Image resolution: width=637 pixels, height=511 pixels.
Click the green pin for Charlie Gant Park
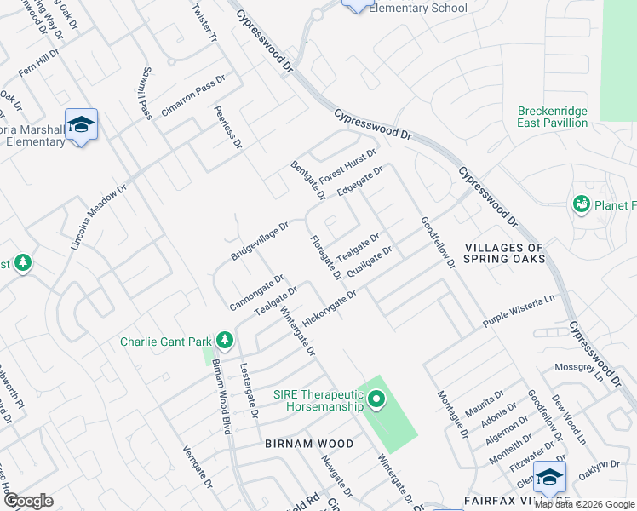point(225,341)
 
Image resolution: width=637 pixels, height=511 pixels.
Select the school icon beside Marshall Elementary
point(81,126)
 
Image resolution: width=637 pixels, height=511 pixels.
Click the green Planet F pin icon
point(582,204)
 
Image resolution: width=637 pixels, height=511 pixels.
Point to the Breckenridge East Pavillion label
point(553,117)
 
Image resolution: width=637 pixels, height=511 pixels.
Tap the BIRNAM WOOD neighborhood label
point(309,444)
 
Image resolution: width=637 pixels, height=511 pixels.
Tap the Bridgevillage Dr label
point(261,241)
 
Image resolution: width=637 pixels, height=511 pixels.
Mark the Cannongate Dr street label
point(256,292)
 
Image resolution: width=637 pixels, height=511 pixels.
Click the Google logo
point(28,501)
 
